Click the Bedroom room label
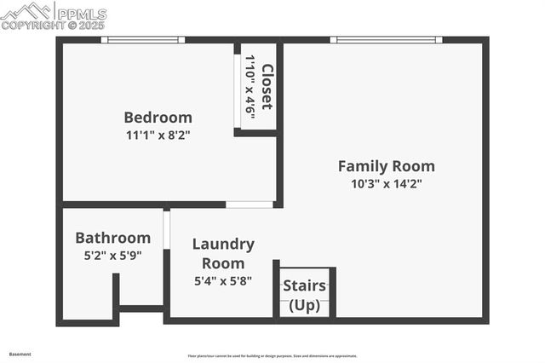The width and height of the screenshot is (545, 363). (158, 118)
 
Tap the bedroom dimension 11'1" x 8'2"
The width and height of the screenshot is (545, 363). (158, 135)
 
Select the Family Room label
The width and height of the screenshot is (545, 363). (386, 166)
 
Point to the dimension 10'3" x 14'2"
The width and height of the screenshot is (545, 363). (386, 183)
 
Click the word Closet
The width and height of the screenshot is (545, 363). (267, 87)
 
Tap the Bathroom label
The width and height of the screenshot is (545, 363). (112, 238)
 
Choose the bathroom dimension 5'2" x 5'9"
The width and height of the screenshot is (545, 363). (112, 254)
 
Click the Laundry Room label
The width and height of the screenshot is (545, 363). (223, 253)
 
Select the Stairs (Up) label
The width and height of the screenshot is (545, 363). (304, 295)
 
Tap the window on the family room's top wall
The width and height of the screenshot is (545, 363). (386, 39)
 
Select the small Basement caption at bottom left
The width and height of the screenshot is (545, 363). (20, 354)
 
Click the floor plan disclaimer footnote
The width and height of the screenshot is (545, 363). (272, 356)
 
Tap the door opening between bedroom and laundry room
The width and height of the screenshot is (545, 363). (250, 205)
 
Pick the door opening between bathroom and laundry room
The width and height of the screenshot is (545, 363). (167, 229)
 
